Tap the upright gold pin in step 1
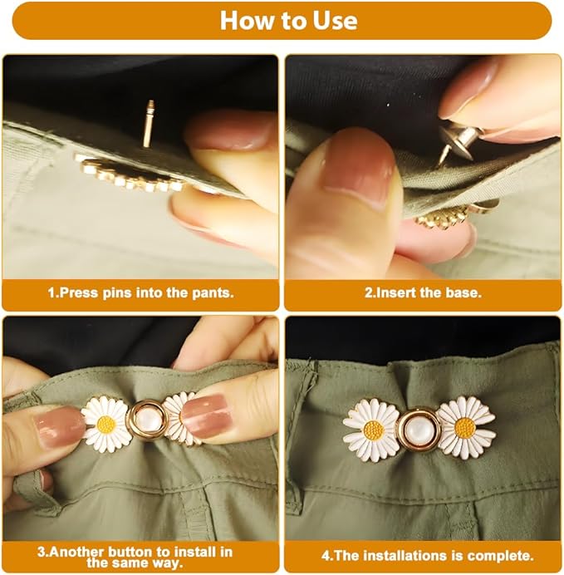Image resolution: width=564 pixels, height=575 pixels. tap(149, 123)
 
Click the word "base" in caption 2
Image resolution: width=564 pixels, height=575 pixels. tap(463, 293)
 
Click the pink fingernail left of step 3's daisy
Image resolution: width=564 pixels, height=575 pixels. tap(58, 427)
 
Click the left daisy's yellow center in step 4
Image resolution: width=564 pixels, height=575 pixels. tap(373, 430)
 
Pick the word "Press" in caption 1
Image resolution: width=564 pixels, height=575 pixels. tap(76, 293)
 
